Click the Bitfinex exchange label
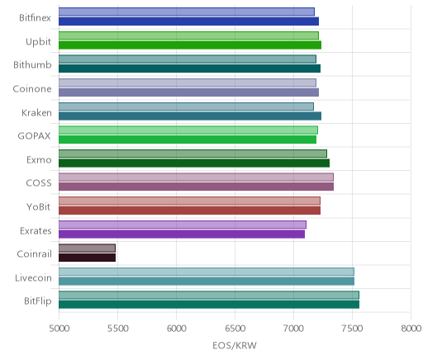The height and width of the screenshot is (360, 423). [x=35, y=18]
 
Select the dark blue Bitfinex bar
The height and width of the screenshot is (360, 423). [x=188, y=21]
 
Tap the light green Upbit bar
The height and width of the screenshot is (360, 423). [x=188, y=36]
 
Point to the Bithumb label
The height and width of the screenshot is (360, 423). [x=32, y=65]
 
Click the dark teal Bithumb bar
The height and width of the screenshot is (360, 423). [x=189, y=69]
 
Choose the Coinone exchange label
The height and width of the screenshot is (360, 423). [x=32, y=89]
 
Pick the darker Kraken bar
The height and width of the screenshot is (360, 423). [x=190, y=116]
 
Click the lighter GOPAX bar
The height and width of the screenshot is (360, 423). [x=188, y=130]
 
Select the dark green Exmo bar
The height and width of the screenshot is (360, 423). [x=194, y=163]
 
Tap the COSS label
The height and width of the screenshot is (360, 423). [x=39, y=183]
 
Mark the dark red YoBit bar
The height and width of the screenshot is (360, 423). [x=189, y=211]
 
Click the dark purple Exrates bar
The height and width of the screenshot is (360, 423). [x=182, y=234]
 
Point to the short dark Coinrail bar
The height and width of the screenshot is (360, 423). [x=87, y=258]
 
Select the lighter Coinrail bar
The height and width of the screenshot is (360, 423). [x=87, y=249]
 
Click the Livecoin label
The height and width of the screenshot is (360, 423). [x=33, y=278]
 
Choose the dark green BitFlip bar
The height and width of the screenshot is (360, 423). [x=209, y=305]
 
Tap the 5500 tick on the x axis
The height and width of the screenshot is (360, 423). [x=117, y=329]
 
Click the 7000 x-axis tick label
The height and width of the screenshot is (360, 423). [x=293, y=329]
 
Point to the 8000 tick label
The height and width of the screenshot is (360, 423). [x=411, y=329]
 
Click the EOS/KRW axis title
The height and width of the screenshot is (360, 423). [x=235, y=345]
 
